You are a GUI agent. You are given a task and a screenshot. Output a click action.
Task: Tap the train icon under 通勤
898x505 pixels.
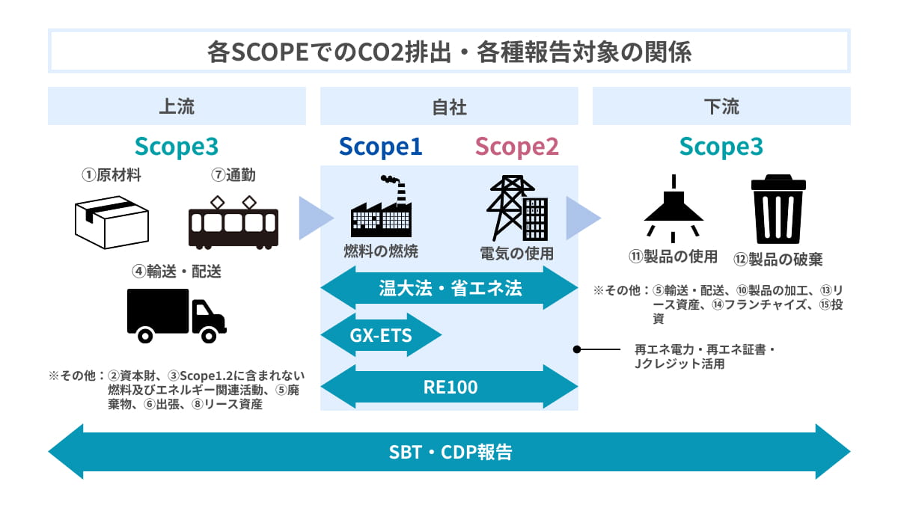[233, 222]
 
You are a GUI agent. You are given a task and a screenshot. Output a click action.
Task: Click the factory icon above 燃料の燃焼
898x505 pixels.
[381, 206]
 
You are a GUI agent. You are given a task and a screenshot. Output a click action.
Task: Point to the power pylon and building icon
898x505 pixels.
[516, 206]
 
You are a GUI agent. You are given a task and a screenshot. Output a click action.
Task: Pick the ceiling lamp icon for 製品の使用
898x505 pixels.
[673, 206]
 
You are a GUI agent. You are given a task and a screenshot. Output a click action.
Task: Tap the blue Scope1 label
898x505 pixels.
[380, 147]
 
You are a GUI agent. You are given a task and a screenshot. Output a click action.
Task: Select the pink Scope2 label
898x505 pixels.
[516, 147]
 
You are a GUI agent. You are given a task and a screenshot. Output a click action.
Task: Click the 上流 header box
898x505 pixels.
[177, 106]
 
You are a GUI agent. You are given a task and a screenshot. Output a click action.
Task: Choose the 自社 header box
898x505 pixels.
[449, 106]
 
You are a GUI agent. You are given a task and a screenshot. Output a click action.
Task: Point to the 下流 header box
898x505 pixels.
[721, 106]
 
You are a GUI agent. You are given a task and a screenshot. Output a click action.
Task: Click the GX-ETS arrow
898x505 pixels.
[381, 336]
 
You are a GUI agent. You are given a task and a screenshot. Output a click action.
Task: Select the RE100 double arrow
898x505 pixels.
[449, 388]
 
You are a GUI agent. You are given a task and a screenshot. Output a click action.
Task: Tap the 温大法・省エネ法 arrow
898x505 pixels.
[449, 288]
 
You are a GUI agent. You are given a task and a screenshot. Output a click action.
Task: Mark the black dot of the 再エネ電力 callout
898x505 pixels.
[577, 349]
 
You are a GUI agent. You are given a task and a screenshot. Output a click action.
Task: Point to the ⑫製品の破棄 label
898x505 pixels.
[778, 259]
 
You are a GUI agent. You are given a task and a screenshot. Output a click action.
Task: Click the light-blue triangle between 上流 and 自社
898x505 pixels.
[315, 218]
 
